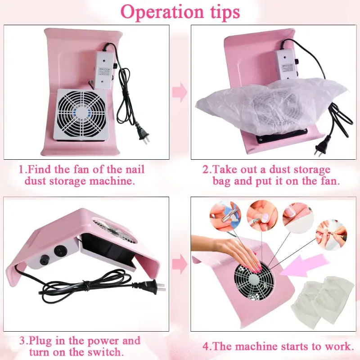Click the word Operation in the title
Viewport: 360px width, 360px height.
162,12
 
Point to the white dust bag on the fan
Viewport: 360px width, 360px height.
271,106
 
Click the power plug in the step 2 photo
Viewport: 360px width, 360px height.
320,147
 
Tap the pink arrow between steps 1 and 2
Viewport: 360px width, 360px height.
180,92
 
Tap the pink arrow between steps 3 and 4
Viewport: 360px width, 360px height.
180,264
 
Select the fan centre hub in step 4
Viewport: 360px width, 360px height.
256,280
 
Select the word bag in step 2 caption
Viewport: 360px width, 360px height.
222,181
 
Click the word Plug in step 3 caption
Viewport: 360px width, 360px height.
40,341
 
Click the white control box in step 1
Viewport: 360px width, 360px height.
105,70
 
